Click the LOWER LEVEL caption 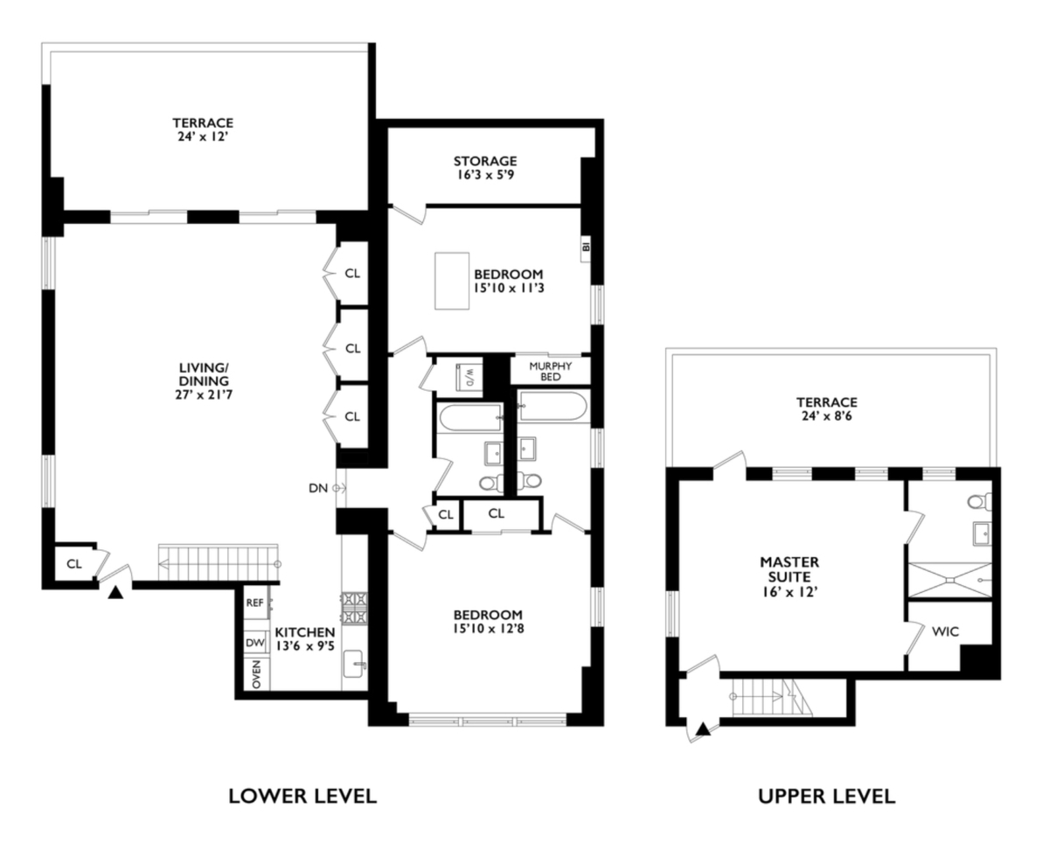[x=302, y=796]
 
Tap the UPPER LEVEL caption [x=827, y=796]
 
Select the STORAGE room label [x=485, y=161]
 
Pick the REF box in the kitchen [x=254, y=603]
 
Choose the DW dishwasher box [x=255, y=643]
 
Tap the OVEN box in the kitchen [x=256, y=675]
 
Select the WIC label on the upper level [x=944, y=630]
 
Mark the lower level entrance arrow [x=115, y=594]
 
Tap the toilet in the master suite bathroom [x=978, y=501]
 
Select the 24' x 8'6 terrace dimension [x=826, y=416]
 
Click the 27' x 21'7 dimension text [x=205, y=394]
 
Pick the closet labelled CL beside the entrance [x=74, y=563]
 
